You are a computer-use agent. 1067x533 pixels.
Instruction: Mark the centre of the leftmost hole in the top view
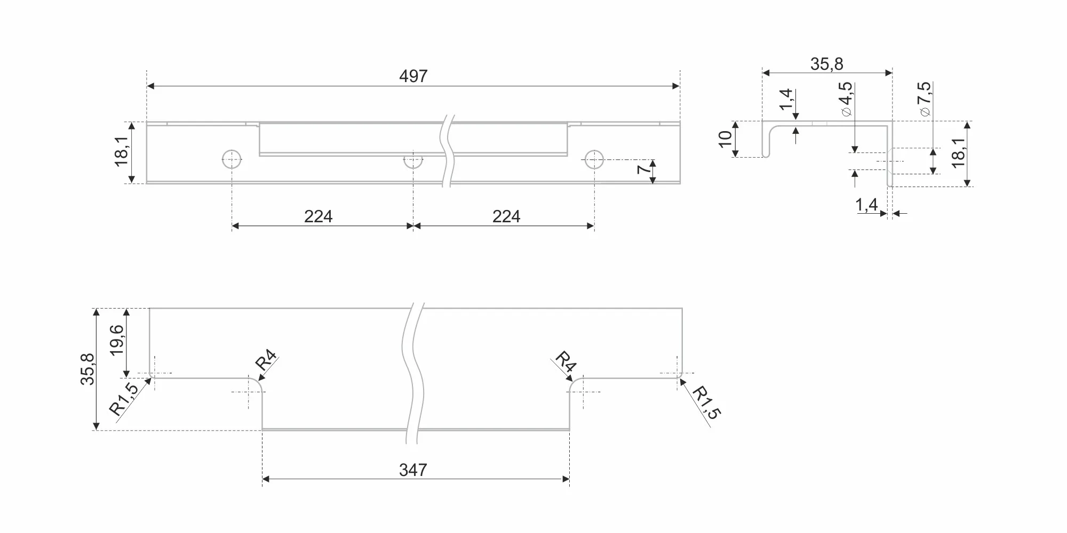(x=232, y=159)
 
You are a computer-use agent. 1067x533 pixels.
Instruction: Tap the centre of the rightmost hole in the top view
(x=594, y=159)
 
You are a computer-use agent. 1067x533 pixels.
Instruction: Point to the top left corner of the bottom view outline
(x=149, y=308)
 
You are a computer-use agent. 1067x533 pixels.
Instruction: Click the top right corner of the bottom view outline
(x=682, y=308)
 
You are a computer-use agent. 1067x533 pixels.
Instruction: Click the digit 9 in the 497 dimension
(x=413, y=76)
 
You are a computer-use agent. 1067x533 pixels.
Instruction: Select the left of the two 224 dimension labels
(x=318, y=216)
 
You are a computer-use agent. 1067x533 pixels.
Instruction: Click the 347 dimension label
(x=413, y=470)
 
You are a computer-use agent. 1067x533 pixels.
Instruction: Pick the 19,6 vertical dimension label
(x=116, y=340)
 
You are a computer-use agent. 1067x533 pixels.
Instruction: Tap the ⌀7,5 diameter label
(x=924, y=99)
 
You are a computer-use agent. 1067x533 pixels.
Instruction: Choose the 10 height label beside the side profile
(x=725, y=139)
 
